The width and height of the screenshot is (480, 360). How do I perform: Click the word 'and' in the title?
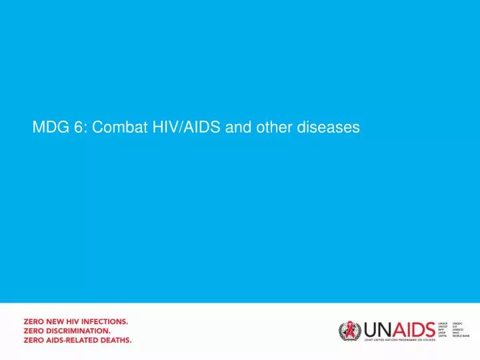coord(237,127)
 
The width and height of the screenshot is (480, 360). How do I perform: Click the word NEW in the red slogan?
coord(58,321)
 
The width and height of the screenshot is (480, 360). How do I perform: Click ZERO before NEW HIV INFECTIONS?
coord(35,321)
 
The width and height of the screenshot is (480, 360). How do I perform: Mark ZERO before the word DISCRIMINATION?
coord(35,330)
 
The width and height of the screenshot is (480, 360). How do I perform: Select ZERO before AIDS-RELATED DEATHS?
coord(35,339)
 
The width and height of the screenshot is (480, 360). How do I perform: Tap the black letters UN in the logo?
coord(374,329)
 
